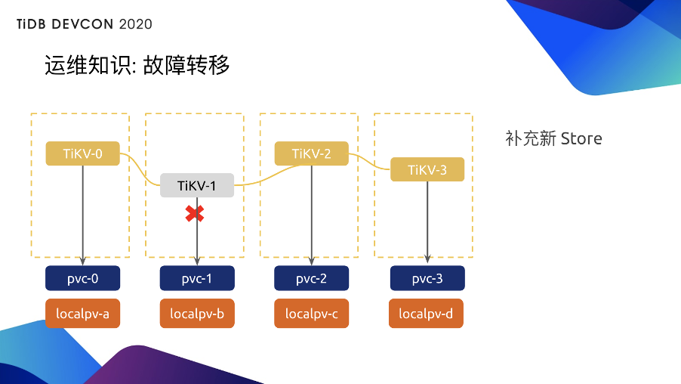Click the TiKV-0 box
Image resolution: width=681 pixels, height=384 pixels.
point(83,153)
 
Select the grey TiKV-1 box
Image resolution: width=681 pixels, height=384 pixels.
point(197,185)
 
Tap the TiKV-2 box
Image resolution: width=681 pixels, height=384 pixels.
point(312,153)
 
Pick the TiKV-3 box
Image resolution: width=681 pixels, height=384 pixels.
point(427,169)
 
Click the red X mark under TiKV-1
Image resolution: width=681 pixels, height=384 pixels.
point(195,214)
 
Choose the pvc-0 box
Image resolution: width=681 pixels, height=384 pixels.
point(83,278)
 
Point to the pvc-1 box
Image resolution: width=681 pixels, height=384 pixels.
point(197,278)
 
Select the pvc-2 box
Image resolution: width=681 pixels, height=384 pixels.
point(312,278)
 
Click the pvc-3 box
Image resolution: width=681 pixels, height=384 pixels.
point(427,278)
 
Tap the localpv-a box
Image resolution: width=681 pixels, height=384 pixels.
point(83,314)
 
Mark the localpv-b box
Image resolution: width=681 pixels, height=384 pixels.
point(197,314)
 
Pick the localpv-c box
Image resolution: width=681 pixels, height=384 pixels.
point(312,314)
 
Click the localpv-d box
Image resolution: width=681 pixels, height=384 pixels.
point(427,314)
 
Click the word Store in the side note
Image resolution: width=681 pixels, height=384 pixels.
point(581,139)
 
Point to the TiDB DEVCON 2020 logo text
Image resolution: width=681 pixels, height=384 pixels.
point(85,24)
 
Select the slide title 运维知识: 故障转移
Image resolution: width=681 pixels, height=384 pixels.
point(137,66)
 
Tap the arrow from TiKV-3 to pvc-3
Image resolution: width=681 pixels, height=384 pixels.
point(427,223)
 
